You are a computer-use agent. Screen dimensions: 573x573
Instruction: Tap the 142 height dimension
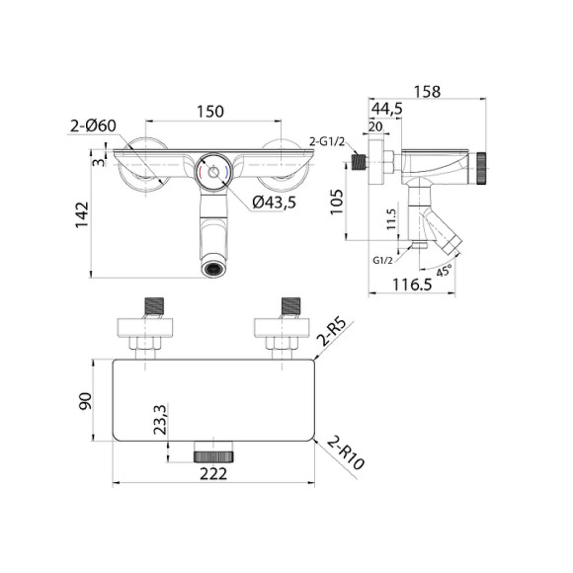click(82, 212)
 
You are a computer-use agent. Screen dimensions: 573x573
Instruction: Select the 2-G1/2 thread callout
click(327, 141)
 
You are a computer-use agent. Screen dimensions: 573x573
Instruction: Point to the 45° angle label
click(443, 269)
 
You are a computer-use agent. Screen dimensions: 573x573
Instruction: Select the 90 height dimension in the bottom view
click(86, 401)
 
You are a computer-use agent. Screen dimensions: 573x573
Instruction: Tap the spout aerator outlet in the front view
click(213, 267)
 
